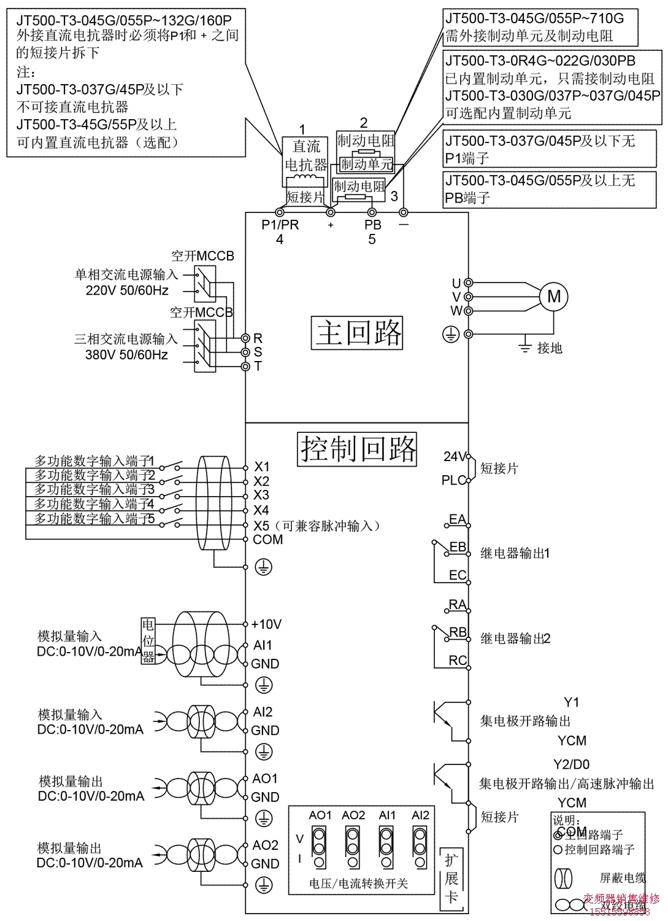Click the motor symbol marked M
pos(553,297)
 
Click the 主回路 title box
pos(357,332)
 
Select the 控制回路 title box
pos(357,448)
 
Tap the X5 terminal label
pos(261,526)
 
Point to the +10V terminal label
pos(266,624)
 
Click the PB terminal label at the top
pos(372,225)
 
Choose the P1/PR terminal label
pos(280,225)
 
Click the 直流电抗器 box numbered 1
pos(305,160)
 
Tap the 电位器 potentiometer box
pos(148,640)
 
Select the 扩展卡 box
pos(451,877)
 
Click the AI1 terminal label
pos(263,645)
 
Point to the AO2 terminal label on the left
pos(265,845)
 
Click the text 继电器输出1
pos(515,553)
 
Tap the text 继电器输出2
pos(515,639)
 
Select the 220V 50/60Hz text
pos(126,290)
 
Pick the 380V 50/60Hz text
pos(126,355)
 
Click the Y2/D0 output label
pos(571,764)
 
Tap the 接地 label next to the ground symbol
pos(550,348)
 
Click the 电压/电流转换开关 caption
pos(359,884)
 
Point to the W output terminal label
pos(456,311)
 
